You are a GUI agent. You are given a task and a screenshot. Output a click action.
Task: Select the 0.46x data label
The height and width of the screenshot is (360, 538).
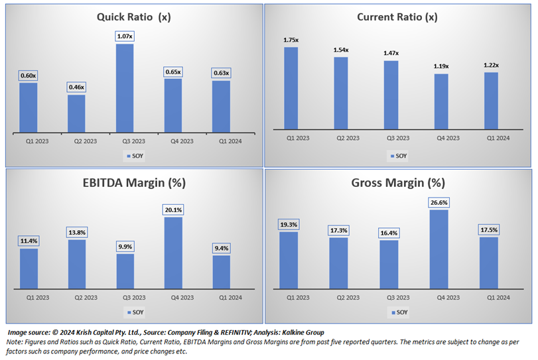pos(76,87)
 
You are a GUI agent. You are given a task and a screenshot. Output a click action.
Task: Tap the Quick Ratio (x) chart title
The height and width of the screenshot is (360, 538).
pos(133,17)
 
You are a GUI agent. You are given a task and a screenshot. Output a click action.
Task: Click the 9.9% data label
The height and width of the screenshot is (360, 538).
pos(125,246)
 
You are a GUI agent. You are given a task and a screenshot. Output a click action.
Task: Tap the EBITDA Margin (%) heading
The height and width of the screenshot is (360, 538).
pos(133,183)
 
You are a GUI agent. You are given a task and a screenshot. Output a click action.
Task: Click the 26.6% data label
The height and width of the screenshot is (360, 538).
pos(439,202)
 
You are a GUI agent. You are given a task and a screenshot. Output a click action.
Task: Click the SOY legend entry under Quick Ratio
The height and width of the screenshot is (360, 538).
pos(134,156)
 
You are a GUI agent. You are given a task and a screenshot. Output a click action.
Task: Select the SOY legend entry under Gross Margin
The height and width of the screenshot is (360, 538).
pos(399,312)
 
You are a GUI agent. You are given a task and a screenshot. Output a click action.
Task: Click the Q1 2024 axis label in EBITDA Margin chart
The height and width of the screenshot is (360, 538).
pos(222,297)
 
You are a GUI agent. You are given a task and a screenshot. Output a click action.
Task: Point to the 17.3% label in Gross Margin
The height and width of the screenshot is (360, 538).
pos(338,229)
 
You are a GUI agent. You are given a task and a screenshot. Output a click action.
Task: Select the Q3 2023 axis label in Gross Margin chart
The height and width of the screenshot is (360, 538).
pos(389,297)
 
